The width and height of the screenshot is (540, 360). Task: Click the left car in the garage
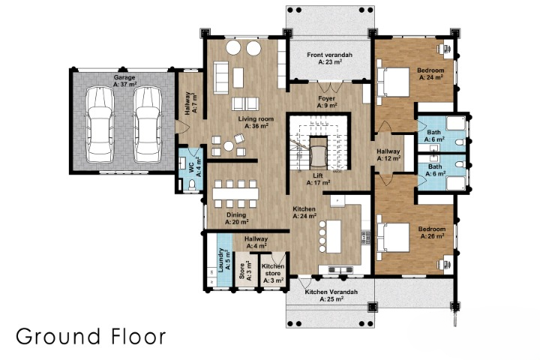pyautogui.click(x=100, y=124)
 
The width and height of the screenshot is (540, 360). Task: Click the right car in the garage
pyautogui.click(x=148, y=124)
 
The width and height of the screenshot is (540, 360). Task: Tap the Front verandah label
pyautogui.click(x=329, y=58)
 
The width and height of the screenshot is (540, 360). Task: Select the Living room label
pyautogui.click(x=256, y=122)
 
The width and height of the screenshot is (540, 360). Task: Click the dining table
pyautogui.click(x=235, y=193)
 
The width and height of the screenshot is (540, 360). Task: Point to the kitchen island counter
pyautogui.click(x=333, y=236)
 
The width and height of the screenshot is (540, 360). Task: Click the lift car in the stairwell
pyautogui.click(x=318, y=156)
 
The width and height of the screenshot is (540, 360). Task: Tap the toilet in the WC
pyautogui.click(x=192, y=185)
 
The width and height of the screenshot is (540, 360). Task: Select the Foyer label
pyautogui.click(x=327, y=102)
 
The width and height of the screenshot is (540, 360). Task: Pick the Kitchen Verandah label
pyautogui.click(x=331, y=295)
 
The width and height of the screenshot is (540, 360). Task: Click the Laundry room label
pyautogui.click(x=224, y=260)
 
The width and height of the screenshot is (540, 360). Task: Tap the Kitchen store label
pyautogui.click(x=273, y=273)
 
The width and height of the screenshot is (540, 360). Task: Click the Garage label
pyautogui.click(x=124, y=81)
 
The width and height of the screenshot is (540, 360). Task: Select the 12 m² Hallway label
pyautogui.click(x=388, y=154)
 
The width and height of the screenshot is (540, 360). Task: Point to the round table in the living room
pyautogui.click(x=229, y=146)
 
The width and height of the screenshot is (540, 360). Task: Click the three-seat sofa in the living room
pyautogui.click(x=220, y=77)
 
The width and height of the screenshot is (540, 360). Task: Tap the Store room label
pyautogui.click(x=245, y=270)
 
